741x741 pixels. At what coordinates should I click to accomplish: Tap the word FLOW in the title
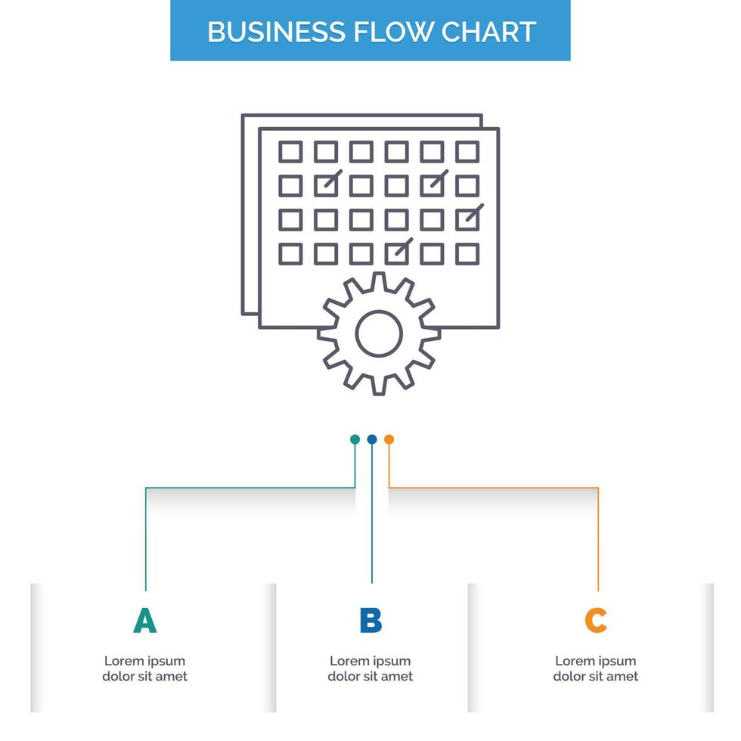[x=393, y=31]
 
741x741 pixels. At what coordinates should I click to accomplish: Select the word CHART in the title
[x=490, y=31]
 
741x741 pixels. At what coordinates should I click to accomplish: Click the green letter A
[x=145, y=620]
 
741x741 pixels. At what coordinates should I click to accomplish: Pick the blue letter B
[x=370, y=620]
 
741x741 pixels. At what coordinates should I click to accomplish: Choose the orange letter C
[x=596, y=620]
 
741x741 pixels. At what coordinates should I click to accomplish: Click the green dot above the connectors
[x=355, y=439]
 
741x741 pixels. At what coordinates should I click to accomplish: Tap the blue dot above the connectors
[x=371, y=439]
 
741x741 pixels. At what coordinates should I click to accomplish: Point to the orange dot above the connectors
[x=389, y=439]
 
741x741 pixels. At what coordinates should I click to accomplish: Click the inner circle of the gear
[x=379, y=333]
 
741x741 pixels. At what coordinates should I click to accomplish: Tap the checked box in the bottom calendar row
[x=397, y=253]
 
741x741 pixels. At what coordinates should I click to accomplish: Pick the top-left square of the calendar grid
[x=290, y=151]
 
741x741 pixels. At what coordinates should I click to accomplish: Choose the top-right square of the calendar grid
[x=467, y=151]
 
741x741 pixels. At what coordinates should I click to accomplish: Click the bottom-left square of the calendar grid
[x=290, y=253]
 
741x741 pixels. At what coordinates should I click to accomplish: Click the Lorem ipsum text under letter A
[x=145, y=668]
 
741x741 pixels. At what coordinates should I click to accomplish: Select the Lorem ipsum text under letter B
[x=370, y=668]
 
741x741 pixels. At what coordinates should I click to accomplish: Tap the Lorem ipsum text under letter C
[x=596, y=668]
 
